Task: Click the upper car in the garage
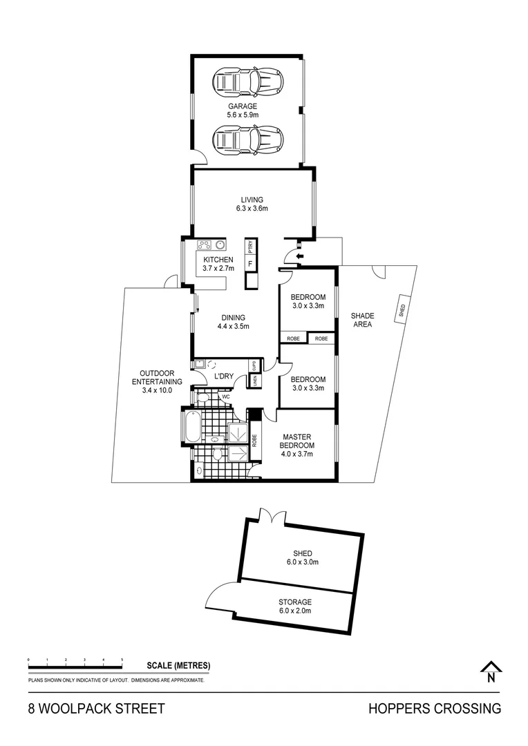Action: click(x=248, y=82)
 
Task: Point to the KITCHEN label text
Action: click(x=218, y=260)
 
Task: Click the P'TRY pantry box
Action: click(x=251, y=246)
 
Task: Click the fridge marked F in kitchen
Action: click(x=251, y=263)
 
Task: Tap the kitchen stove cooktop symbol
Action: click(x=205, y=245)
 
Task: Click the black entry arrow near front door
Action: click(x=298, y=258)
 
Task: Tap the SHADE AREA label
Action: click(x=362, y=320)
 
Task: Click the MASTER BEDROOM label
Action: click(x=297, y=445)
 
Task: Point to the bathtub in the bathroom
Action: click(x=192, y=427)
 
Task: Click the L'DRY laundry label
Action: click(x=223, y=376)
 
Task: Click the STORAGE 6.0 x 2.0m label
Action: click(x=295, y=606)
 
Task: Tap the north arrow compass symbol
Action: click(x=491, y=672)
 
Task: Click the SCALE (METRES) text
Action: click(x=178, y=666)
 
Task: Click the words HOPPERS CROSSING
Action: click(x=434, y=709)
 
